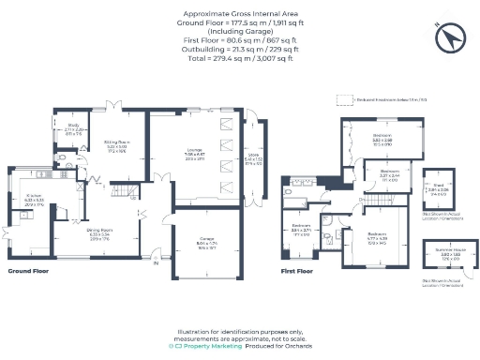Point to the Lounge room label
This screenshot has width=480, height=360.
194,154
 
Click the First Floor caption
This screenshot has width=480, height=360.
297,271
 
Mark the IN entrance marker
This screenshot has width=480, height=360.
157,262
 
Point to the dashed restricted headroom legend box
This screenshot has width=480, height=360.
343,97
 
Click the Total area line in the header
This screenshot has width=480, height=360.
239,58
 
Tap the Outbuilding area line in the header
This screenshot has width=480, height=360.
239,49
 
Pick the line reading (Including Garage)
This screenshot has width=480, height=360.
240,30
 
